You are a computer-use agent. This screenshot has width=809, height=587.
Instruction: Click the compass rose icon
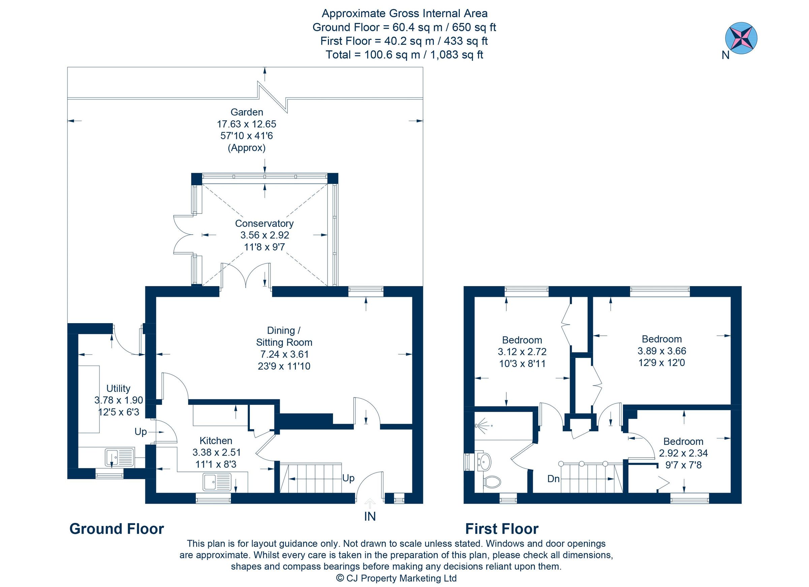tap(741, 38)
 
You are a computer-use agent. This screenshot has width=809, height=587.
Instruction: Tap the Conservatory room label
tap(264, 224)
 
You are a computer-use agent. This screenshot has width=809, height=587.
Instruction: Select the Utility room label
tap(118, 389)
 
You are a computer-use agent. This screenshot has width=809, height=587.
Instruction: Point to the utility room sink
tap(119, 458)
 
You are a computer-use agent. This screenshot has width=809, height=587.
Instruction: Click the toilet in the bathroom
tap(492, 482)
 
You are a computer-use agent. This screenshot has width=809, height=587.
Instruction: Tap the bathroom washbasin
tap(484, 462)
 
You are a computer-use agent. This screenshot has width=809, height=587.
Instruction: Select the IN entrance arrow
tap(369, 503)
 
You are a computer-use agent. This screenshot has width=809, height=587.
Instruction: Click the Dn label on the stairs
tap(553, 479)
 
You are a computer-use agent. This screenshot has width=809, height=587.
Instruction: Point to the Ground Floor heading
tap(117, 529)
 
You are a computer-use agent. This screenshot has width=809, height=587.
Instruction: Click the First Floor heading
tap(502, 529)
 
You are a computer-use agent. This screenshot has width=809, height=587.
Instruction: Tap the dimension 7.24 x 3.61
tap(284, 354)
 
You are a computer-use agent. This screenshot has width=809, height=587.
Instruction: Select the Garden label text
tap(247, 112)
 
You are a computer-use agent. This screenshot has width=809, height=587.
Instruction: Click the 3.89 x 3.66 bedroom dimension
tap(662, 351)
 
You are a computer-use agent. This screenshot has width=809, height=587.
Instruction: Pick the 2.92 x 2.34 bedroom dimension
tap(683, 453)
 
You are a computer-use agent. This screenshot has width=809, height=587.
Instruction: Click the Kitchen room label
tap(216, 441)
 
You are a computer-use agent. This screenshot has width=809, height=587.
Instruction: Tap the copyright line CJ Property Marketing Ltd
tap(396, 578)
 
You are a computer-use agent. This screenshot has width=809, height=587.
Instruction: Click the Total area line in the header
tap(404, 55)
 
